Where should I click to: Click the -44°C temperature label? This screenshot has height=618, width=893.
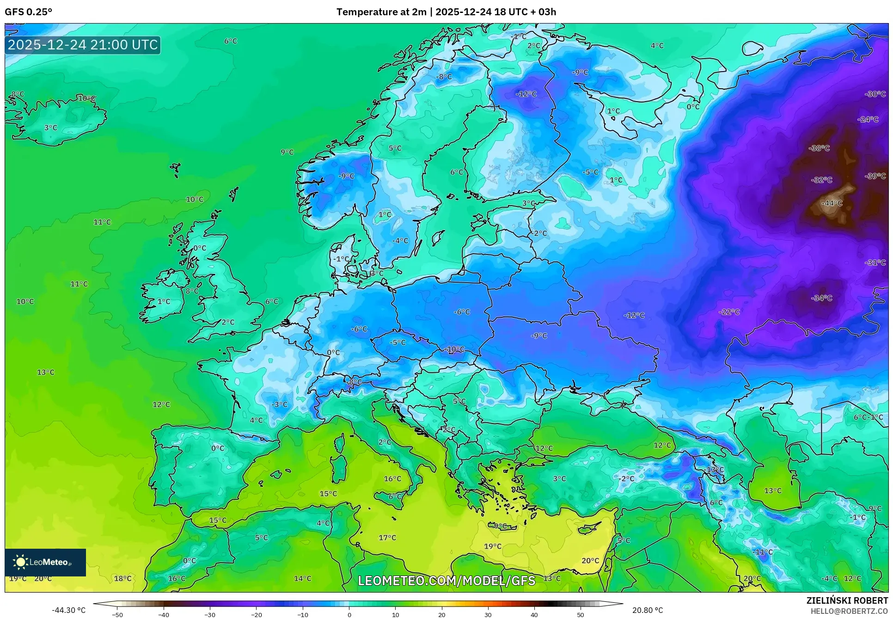click(832, 203)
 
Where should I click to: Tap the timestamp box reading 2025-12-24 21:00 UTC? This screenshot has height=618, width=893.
click(83, 45)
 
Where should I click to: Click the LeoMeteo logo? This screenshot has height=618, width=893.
click(45, 562)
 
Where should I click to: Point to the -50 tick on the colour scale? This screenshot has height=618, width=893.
click(117, 615)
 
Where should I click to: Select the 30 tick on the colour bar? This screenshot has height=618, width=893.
click(488, 615)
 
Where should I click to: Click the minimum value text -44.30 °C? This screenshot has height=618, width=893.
click(68, 610)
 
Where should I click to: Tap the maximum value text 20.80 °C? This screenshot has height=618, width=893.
click(647, 610)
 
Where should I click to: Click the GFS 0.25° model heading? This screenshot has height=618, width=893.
click(28, 12)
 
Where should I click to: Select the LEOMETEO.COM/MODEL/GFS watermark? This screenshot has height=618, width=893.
click(446, 581)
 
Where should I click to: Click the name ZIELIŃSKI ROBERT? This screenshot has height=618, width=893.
click(847, 600)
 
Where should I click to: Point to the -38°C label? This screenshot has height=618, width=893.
click(819, 148)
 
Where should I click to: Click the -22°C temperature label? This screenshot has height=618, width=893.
click(729, 312)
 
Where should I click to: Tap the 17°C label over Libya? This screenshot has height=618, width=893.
click(387, 538)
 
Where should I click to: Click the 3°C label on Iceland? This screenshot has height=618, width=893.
click(51, 127)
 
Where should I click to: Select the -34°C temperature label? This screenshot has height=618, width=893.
click(821, 298)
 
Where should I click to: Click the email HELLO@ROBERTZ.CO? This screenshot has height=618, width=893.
click(849, 611)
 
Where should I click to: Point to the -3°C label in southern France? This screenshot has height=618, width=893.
click(279, 404)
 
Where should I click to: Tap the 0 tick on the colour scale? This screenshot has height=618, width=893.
click(349, 615)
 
